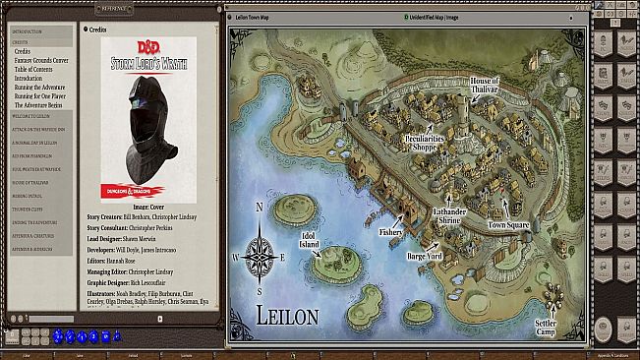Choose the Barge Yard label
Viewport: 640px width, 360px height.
[x=424, y=256]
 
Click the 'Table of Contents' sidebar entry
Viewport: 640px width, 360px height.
[x=34, y=68]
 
